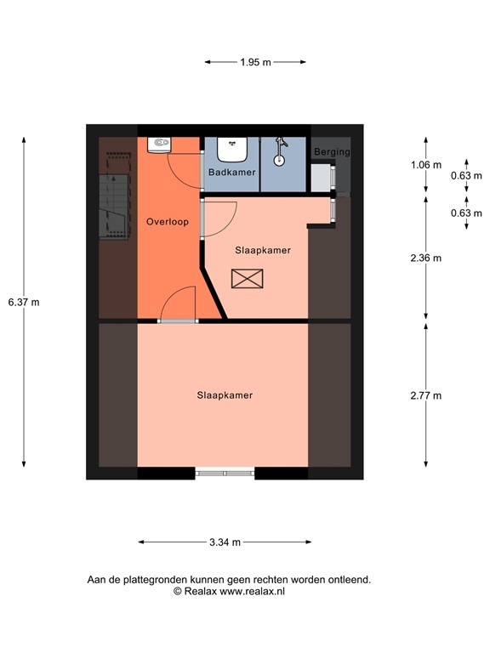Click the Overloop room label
[x=167, y=222]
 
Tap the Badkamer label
[x=232, y=173]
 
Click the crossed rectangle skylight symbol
[x=248, y=278]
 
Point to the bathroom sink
[x=231, y=150]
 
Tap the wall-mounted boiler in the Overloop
[x=158, y=145]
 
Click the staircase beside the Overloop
[x=116, y=207]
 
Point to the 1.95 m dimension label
[x=255, y=62]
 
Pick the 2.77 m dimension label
[x=425, y=395]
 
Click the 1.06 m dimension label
[x=425, y=165]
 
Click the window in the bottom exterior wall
[x=225, y=472]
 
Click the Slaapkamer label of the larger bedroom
[x=225, y=395]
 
